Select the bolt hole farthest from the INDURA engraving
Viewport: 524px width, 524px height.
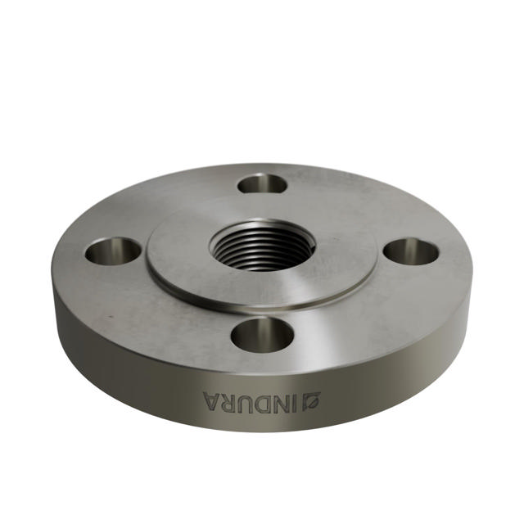coord(263,183)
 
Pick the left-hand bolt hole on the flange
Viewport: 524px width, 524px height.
coord(113,251)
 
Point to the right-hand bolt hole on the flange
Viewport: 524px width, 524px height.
coord(411,251)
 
